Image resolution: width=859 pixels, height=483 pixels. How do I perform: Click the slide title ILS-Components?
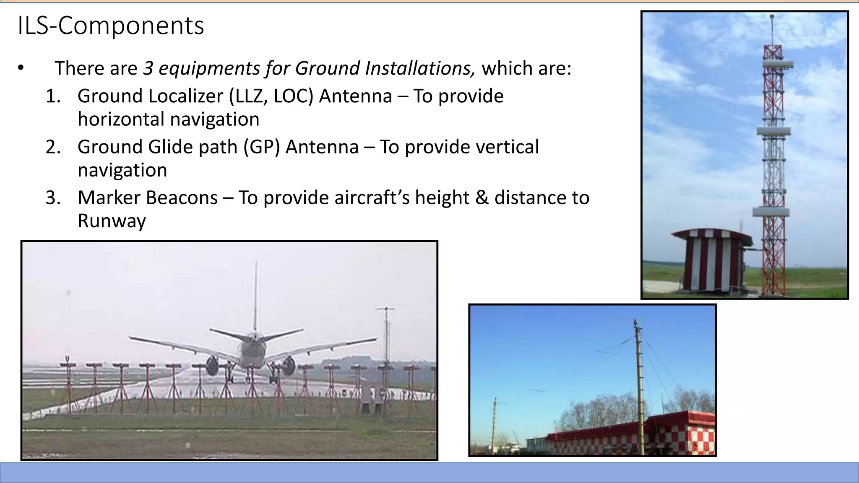[x=111, y=26]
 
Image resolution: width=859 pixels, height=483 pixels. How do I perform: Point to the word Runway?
[x=112, y=221]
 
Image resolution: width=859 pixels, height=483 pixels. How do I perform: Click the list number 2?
[x=53, y=147]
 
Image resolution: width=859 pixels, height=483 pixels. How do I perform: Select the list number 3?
[x=53, y=197]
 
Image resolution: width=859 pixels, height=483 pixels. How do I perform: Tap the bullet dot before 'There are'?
[x=21, y=68]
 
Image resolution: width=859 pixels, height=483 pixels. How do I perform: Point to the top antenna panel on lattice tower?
[x=777, y=64]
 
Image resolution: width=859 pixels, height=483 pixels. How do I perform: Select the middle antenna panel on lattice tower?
[x=774, y=131]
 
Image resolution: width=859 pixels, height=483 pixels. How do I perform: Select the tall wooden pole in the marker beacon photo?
[x=640, y=386]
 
